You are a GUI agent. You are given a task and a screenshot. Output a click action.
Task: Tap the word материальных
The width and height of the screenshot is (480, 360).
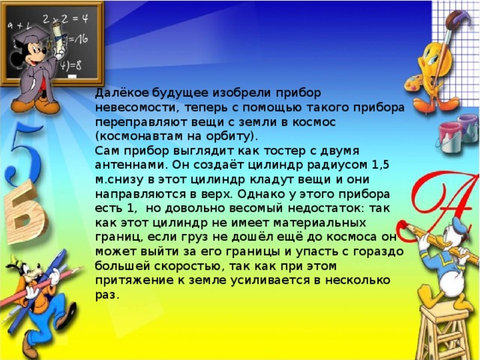pos(319,223)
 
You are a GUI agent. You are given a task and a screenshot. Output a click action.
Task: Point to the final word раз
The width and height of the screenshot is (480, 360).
pos(106,295)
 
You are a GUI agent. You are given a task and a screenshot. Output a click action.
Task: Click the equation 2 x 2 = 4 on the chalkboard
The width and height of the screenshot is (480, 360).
pos(65,19)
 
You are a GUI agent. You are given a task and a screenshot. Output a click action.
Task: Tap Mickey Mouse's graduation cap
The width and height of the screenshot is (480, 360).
pos(31,36)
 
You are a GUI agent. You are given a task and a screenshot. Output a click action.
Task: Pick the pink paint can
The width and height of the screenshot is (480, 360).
pos(450,136)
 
